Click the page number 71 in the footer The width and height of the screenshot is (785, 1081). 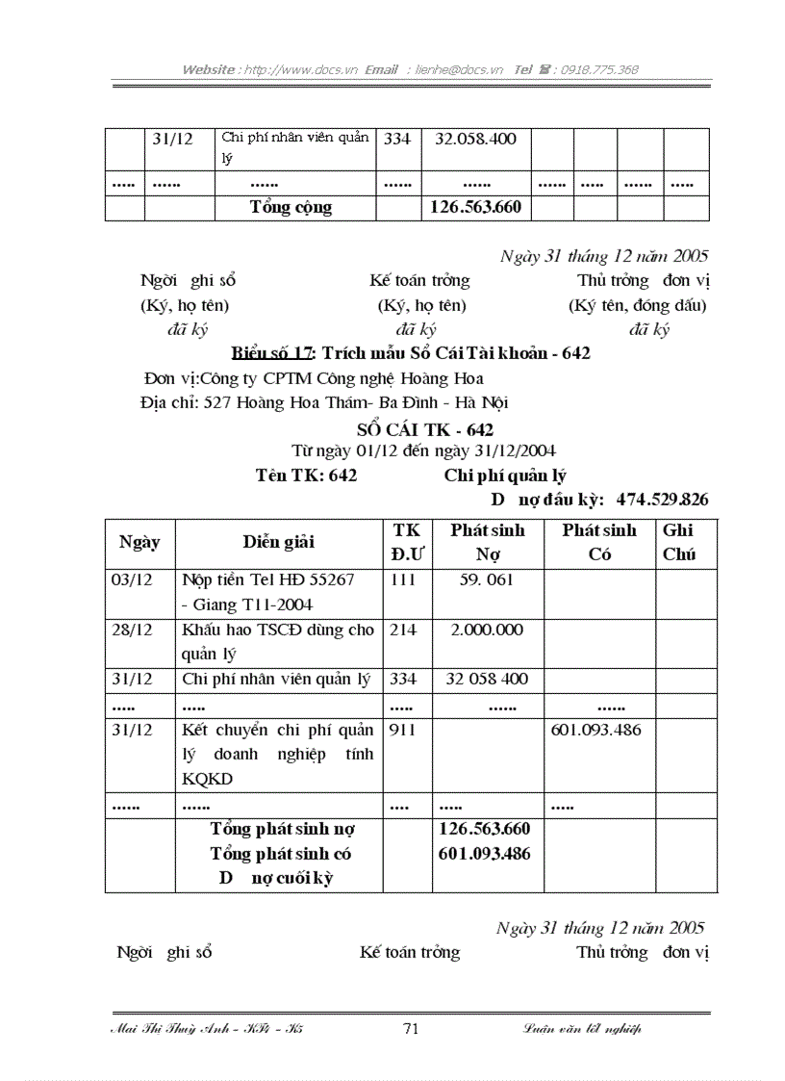point(410,1029)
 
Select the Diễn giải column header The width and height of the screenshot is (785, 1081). point(278,542)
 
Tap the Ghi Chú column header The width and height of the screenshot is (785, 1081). point(678,542)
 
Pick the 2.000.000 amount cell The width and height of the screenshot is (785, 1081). point(487,631)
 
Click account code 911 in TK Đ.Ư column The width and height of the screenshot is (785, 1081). point(403,731)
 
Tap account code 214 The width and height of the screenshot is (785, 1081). point(403,631)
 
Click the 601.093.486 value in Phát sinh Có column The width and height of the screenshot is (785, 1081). point(595,731)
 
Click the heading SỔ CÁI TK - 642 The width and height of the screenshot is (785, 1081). point(424,430)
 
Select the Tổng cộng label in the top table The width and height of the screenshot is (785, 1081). point(291,208)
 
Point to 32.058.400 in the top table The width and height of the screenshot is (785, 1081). point(475,139)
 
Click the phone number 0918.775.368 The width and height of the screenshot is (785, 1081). point(600,70)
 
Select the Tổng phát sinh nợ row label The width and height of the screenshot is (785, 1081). point(282,829)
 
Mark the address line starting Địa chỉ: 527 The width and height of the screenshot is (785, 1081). point(324,402)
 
